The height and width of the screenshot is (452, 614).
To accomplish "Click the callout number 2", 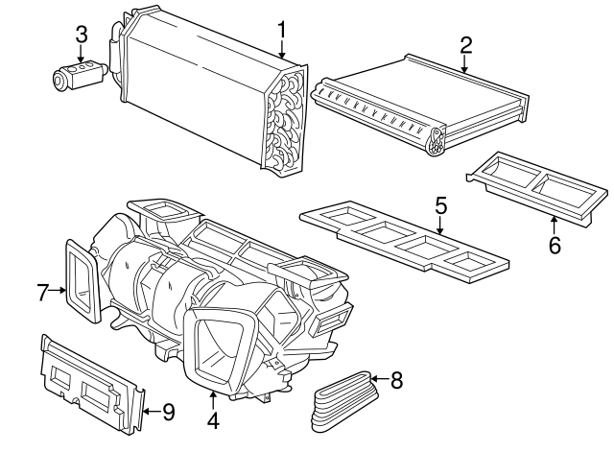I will (x=465, y=44).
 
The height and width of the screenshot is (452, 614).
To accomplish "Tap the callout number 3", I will (x=82, y=35).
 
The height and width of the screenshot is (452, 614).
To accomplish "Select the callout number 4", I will (x=213, y=419).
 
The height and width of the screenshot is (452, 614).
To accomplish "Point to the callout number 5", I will (x=440, y=204).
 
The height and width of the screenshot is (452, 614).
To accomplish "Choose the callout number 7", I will (x=43, y=292).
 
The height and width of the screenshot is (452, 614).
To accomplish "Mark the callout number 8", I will (x=396, y=380).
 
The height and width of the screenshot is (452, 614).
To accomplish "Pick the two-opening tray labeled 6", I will (x=537, y=188).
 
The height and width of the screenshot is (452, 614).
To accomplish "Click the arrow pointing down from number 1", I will (x=282, y=50).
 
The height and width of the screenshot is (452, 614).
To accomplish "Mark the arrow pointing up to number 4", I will (x=213, y=399).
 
